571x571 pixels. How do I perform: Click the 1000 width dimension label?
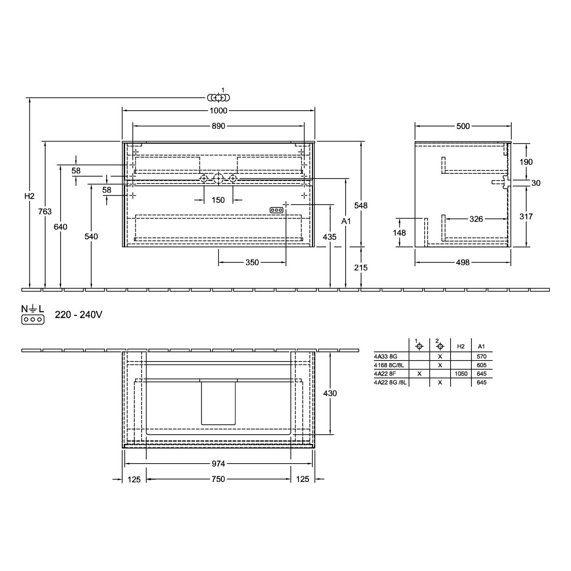point(218,110)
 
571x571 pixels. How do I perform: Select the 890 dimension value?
point(218,126)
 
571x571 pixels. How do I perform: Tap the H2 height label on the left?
point(29,196)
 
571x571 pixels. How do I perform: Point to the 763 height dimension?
point(45,211)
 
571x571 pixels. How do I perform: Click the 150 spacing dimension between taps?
point(218,200)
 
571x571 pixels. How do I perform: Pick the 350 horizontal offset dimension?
point(252,262)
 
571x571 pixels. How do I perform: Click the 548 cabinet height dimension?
point(361,206)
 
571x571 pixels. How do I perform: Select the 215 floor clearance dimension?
point(361,268)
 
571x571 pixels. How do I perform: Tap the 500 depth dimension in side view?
point(463,126)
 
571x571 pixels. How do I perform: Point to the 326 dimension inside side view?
point(476,219)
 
